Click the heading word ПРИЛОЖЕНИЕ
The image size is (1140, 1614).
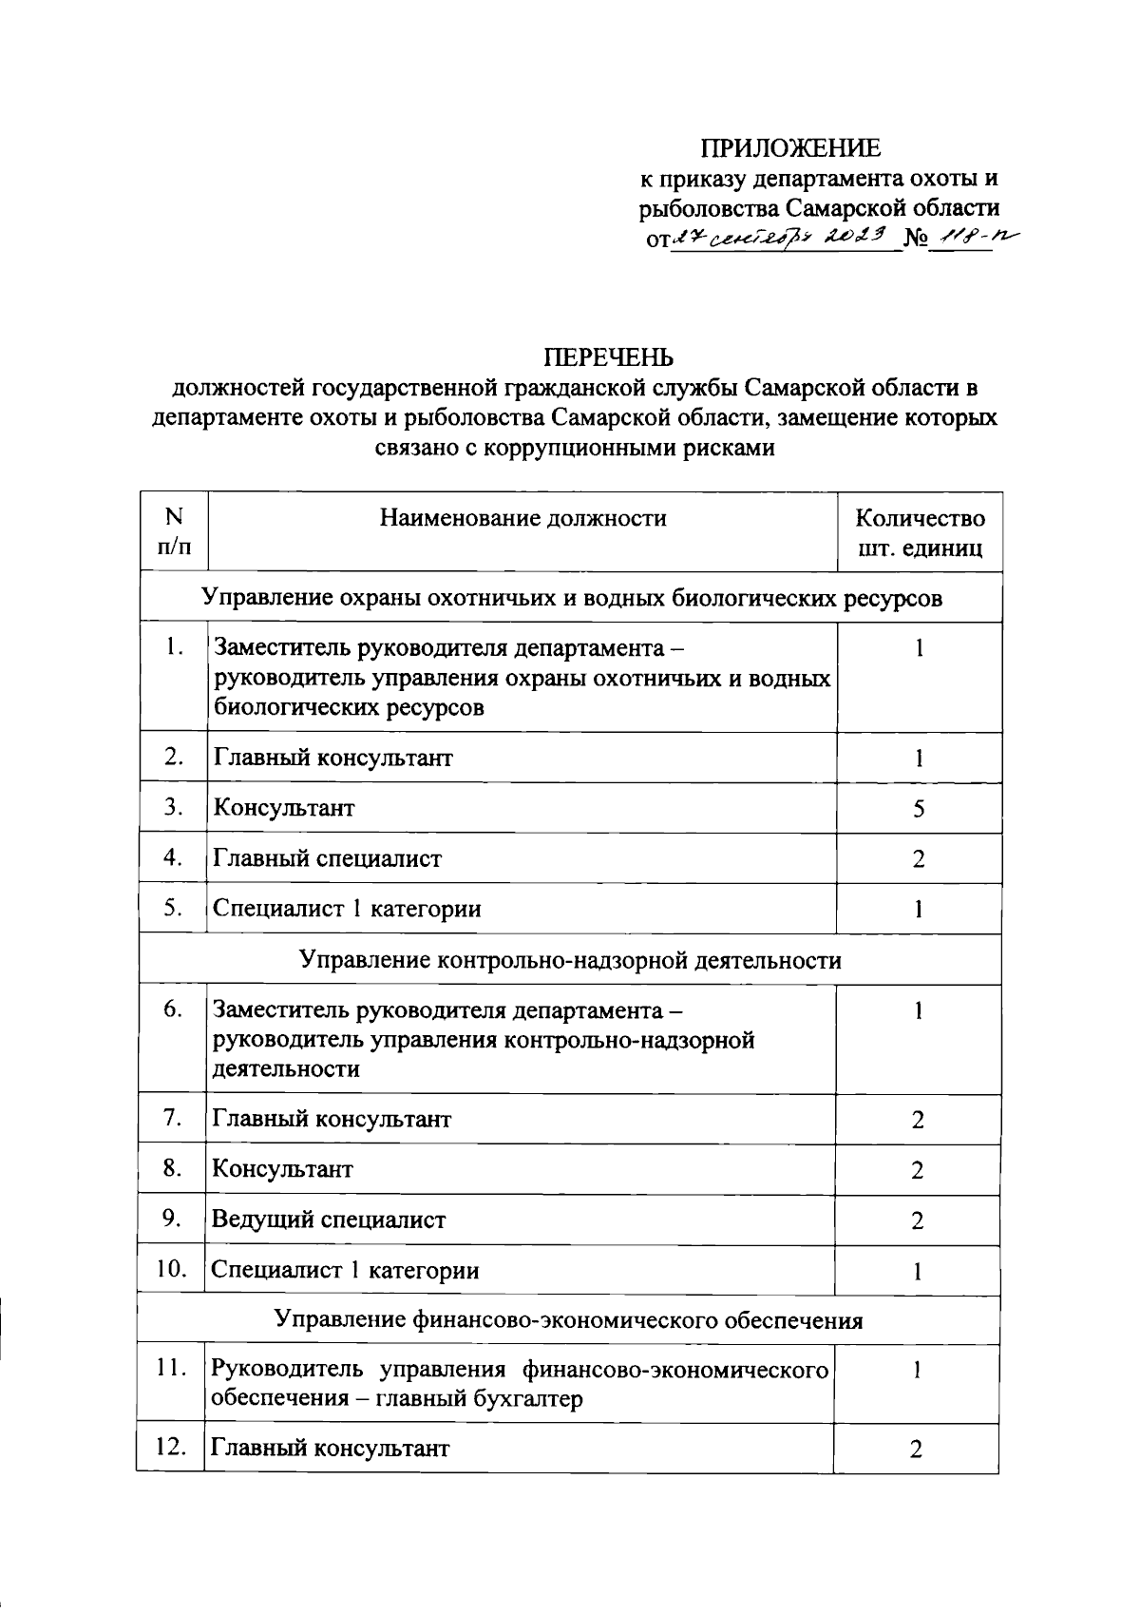[x=790, y=147]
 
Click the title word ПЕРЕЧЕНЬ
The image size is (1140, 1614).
[x=608, y=357]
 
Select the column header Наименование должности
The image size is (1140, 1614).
[x=522, y=518]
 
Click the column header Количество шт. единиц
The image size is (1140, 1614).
[x=919, y=532]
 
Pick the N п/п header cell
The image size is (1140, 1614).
[x=173, y=531]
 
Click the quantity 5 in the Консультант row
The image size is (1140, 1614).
[x=918, y=809]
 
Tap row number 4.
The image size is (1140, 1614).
[x=173, y=857]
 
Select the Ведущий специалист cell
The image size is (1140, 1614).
[x=328, y=1220]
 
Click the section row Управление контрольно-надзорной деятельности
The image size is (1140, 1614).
[x=570, y=960]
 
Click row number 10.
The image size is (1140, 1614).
[x=171, y=1269]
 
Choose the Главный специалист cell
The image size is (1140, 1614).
[x=327, y=858]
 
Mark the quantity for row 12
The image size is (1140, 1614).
[x=916, y=1450]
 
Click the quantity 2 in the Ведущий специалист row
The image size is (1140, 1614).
[x=917, y=1220]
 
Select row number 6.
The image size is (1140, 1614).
[x=173, y=1009]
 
